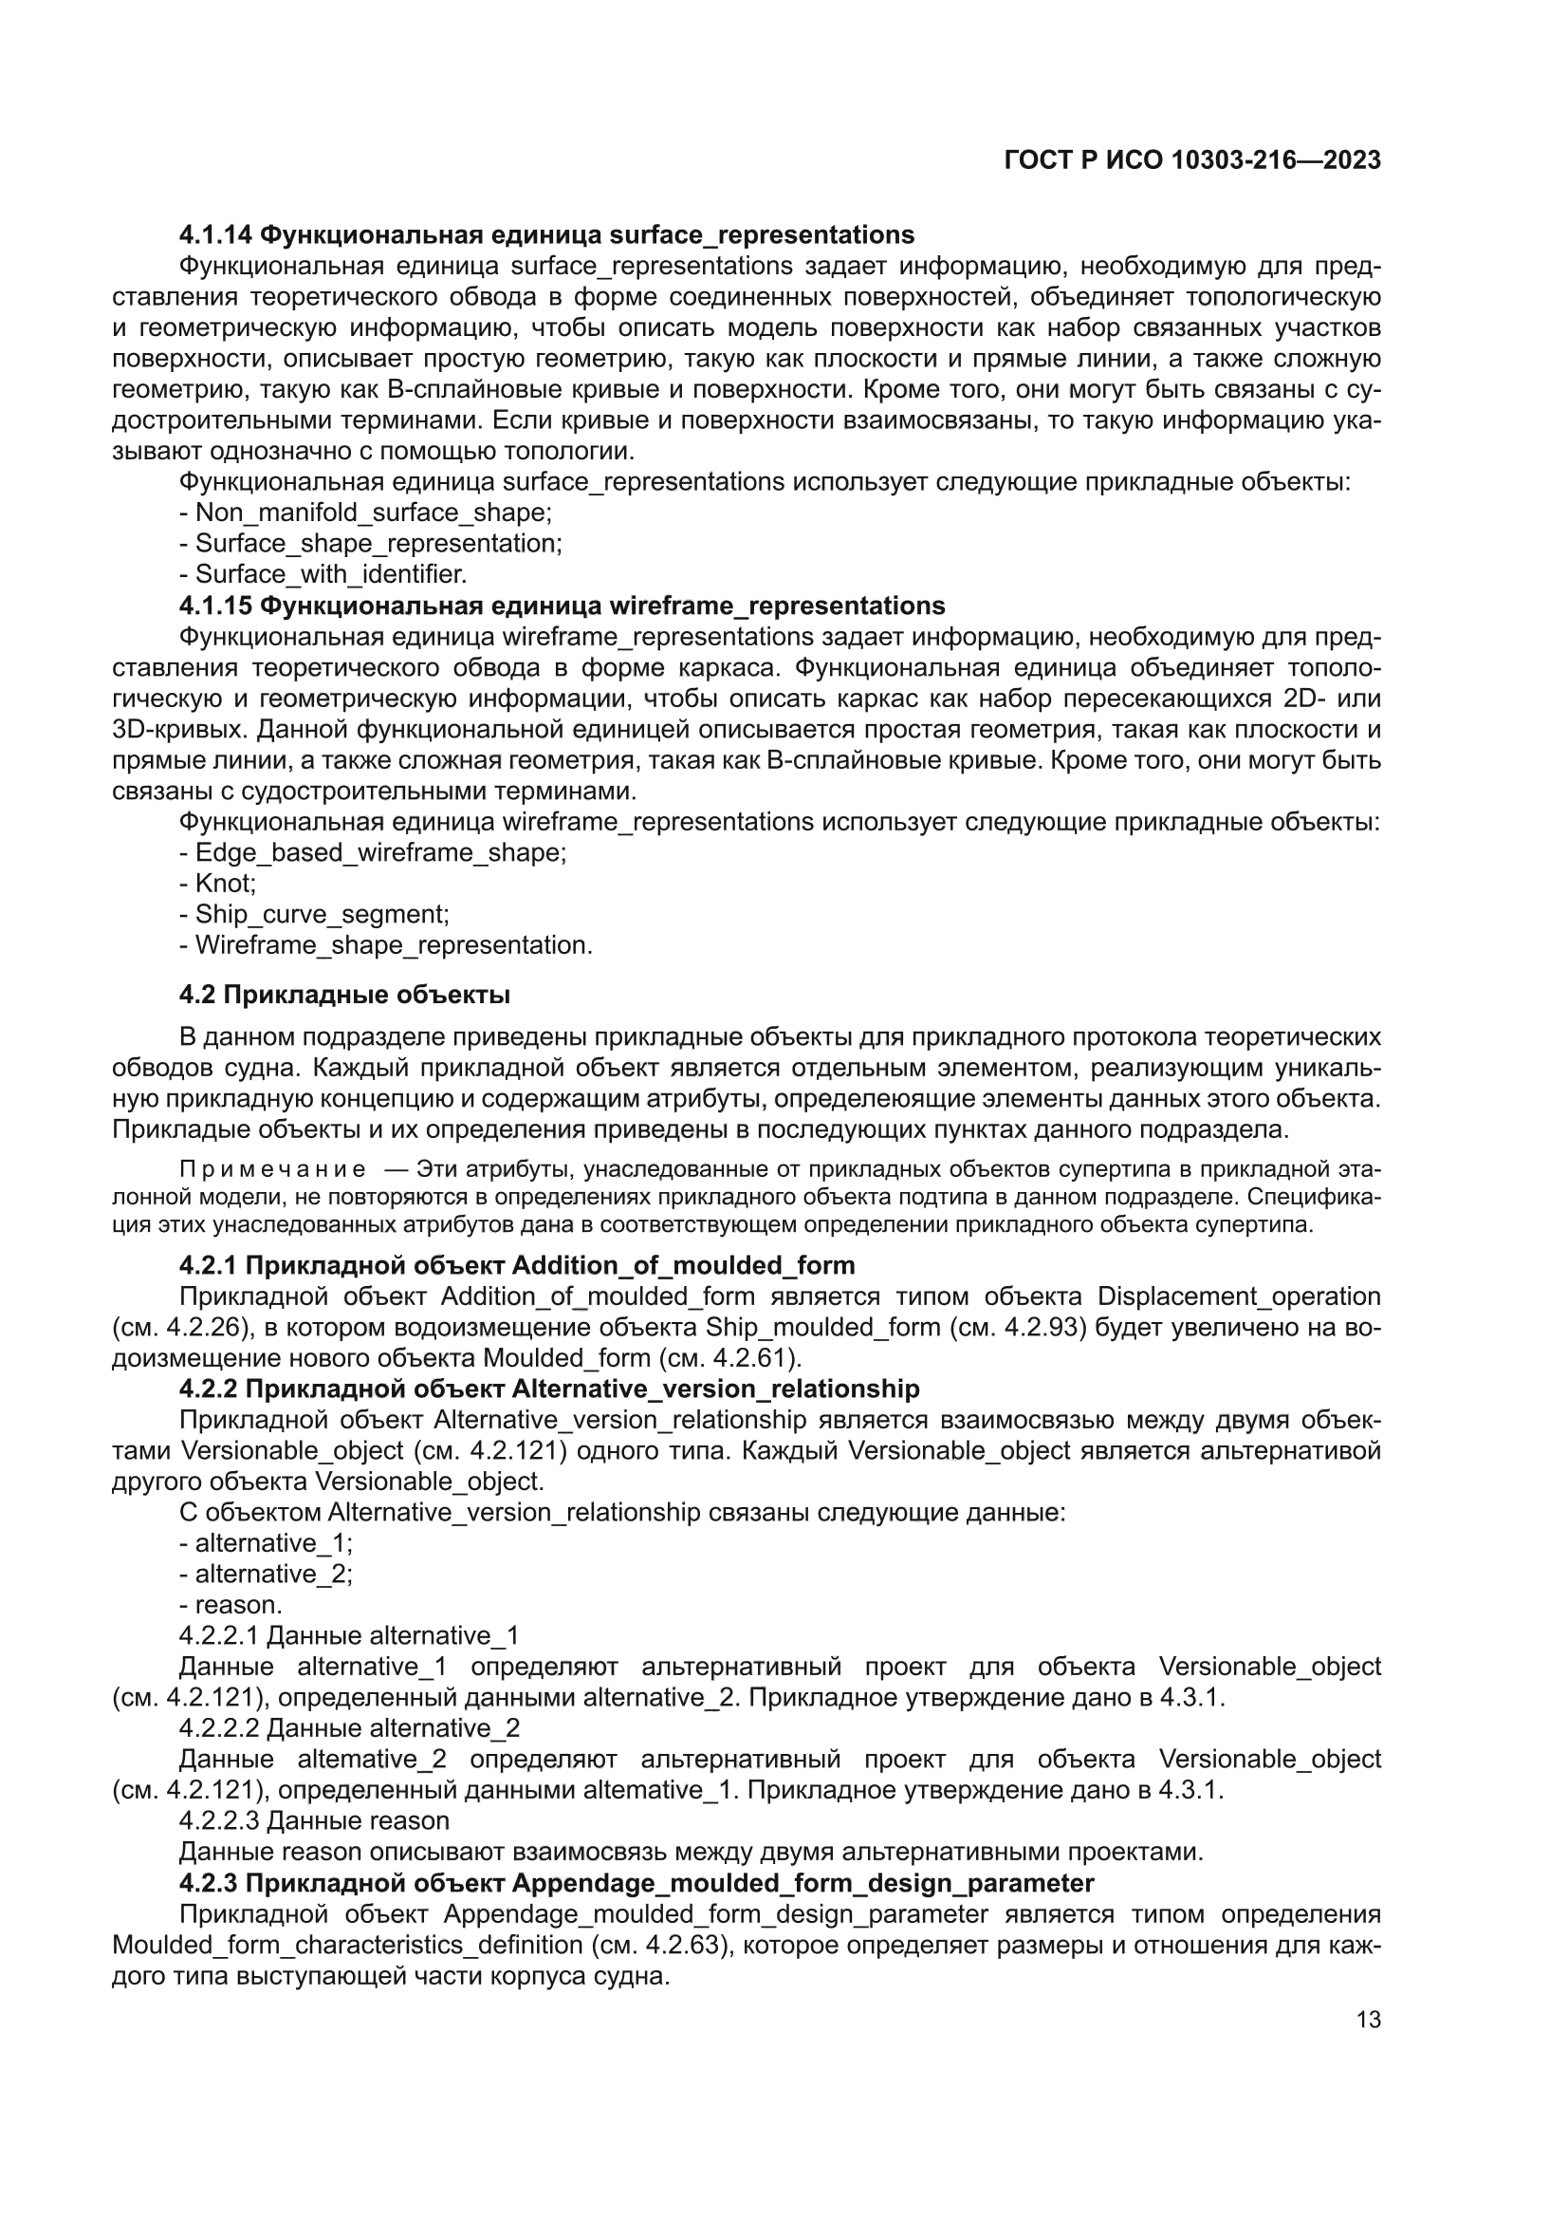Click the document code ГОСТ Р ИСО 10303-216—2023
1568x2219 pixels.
click(1192, 160)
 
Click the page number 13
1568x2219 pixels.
click(1368, 2019)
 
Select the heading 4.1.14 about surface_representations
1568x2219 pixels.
click(546, 234)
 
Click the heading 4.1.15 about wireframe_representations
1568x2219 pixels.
click(562, 606)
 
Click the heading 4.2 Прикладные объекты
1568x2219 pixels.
click(345, 995)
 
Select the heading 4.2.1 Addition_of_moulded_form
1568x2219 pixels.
click(517, 1265)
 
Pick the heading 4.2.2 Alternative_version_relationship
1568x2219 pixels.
click(548, 1389)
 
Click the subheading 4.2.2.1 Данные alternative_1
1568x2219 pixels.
click(349, 1635)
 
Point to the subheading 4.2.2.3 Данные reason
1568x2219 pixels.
click(314, 1820)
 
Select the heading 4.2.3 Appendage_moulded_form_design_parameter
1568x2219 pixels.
click(636, 1883)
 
